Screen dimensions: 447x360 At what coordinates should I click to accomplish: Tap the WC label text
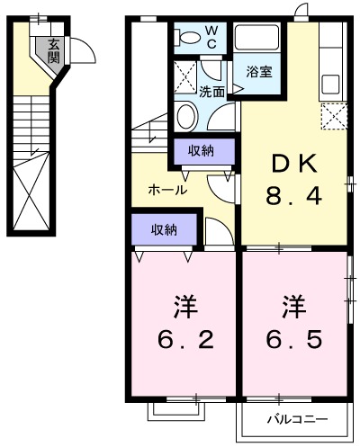(211, 37)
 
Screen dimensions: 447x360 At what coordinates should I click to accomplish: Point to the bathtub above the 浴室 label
(258, 40)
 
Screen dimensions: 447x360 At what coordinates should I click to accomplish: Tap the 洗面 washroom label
(212, 91)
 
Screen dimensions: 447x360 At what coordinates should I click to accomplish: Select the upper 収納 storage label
(202, 150)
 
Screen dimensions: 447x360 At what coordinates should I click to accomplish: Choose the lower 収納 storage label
(164, 229)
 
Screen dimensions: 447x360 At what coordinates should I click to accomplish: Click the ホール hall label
(167, 191)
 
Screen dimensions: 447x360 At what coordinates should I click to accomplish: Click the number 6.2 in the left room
(184, 339)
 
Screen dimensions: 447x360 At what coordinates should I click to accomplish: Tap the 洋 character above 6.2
(184, 306)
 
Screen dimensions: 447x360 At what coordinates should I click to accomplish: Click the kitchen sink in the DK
(330, 84)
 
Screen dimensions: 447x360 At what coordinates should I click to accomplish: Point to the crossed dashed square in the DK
(334, 117)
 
